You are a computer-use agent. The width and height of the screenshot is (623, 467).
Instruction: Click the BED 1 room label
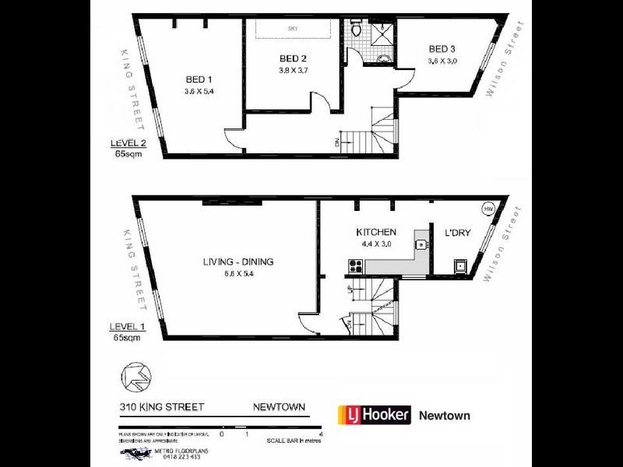(x=199, y=79)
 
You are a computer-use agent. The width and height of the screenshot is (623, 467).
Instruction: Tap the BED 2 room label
(x=293, y=58)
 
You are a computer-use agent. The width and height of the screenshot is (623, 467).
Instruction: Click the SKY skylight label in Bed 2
(x=294, y=28)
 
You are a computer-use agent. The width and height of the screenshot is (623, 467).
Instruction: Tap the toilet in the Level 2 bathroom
(x=356, y=29)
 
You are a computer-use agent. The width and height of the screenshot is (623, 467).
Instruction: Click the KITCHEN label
(x=376, y=232)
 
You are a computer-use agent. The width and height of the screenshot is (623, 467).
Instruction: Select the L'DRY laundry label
(x=457, y=233)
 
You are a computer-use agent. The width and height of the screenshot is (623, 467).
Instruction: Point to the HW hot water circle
(x=488, y=209)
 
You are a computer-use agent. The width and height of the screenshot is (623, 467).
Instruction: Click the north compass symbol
(x=134, y=377)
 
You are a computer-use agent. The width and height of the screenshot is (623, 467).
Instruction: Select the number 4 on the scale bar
(x=320, y=434)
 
